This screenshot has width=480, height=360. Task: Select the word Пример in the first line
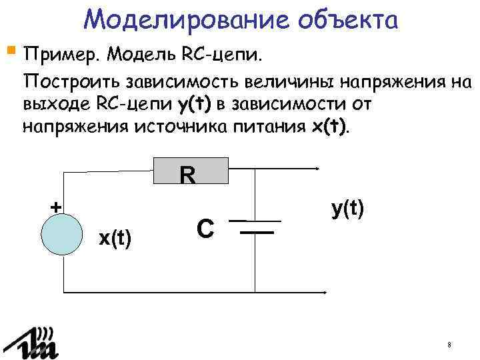click(x=61, y=53)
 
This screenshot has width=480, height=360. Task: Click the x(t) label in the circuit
click(x=115, y=238)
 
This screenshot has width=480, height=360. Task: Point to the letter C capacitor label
click(x=205, y=229)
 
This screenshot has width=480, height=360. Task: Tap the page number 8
click(x=450, y=345)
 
